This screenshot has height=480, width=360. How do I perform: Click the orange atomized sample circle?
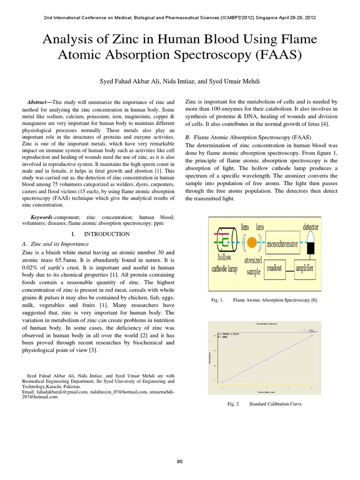tap(252, 242)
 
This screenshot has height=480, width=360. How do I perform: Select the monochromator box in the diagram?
tap(285, 244)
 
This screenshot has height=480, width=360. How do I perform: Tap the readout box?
tap(274, 269)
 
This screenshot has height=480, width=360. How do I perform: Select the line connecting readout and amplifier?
tap(289, 269)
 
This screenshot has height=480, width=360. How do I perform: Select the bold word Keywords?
tap(42, 217)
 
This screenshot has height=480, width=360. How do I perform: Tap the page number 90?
tap(180, 462)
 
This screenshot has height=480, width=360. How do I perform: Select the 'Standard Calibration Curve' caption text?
tap(276, 404)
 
